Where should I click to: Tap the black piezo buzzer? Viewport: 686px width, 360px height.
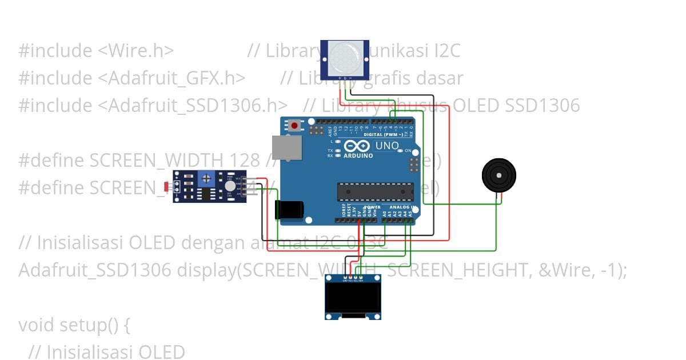pos(498,175)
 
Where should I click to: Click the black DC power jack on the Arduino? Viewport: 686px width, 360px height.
pos(289,210)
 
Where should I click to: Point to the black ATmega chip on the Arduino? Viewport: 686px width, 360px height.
pos(375,191)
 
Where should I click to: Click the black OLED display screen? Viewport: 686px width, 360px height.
pos(353,297)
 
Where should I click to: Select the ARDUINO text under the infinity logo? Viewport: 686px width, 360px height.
pos(358,155)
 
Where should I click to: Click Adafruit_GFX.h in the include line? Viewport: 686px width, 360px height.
pos(177,78)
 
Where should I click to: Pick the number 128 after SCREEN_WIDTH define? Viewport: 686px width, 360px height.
pos(245,161)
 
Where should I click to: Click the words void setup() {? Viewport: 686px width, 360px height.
pos(75,325)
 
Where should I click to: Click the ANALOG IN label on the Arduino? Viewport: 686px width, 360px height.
pos(403,207)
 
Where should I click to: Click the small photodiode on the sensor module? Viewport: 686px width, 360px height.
pos(167,186)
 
